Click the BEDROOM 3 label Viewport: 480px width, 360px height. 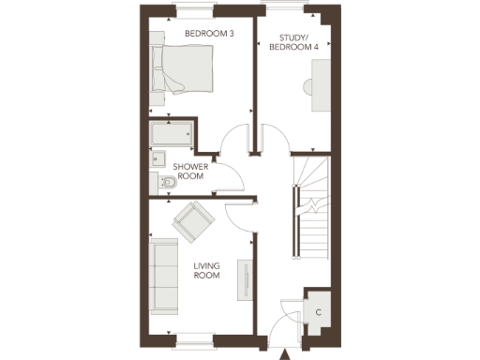(208, 34)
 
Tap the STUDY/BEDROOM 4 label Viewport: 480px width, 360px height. (290, 43)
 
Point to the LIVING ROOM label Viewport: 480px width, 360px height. (206, 271)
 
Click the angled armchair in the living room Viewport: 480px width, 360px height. (193, 221)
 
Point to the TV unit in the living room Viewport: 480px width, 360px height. (247, 280)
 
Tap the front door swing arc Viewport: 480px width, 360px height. (279, 324)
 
